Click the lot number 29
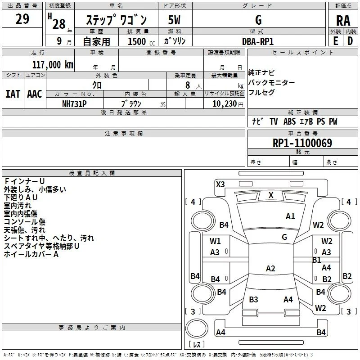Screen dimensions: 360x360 coord(22,19)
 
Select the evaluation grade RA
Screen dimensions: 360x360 coord(343,21)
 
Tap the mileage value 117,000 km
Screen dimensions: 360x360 coord(53,65)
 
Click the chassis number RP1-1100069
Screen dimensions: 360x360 coord(302,143)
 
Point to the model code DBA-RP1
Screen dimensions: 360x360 coord(258,41)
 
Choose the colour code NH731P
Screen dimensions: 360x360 coord(74,104)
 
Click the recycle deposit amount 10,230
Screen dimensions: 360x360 coord(224,104)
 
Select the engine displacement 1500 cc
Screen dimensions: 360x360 coord(141,41)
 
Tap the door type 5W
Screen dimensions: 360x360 coord(174,20)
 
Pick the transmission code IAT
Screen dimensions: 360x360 coord(13,94)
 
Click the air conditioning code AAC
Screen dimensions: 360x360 coord(35,94)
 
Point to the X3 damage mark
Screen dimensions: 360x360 coord(220,184)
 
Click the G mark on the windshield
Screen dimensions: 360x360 coord(284,237)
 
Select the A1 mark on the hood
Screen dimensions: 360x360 coord(290,216)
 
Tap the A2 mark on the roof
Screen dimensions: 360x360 coord(270,268)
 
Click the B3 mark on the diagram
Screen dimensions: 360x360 coord(253,299)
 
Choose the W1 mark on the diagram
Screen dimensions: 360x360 coord(215,241)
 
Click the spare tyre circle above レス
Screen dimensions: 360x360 coord(197,328)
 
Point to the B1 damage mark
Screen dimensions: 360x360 coord(316,260)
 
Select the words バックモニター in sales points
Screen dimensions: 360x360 coord(271,82)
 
